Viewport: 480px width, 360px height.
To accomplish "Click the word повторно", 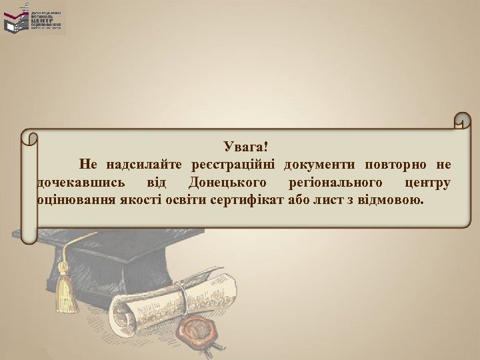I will click(x=392, y=164).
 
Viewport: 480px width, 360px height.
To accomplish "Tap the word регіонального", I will click(x=334, y=182).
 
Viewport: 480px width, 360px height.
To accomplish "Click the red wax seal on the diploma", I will click(x=199, y=329).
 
